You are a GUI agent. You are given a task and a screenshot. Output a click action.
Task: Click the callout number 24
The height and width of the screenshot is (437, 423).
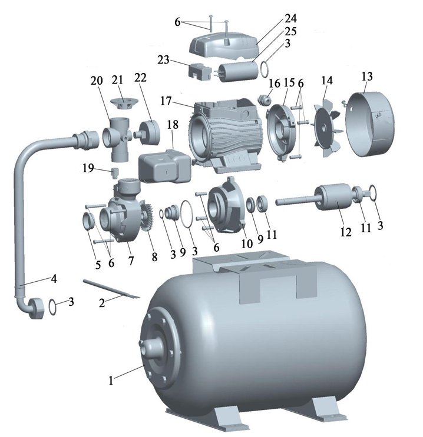pyautogui.click(x=291, y=18)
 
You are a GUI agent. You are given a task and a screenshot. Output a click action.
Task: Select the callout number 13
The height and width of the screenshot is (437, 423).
pyautogui.click(x=367, y=76)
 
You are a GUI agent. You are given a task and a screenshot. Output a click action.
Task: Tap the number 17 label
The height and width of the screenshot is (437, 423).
pyautogui.click(x=166, y=101)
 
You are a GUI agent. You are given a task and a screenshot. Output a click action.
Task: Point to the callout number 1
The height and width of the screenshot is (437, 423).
pyautogui.click(x=111, y=380)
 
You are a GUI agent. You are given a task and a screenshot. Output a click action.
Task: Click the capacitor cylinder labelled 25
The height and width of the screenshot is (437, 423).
pyautogui.click(x=239, y=71)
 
